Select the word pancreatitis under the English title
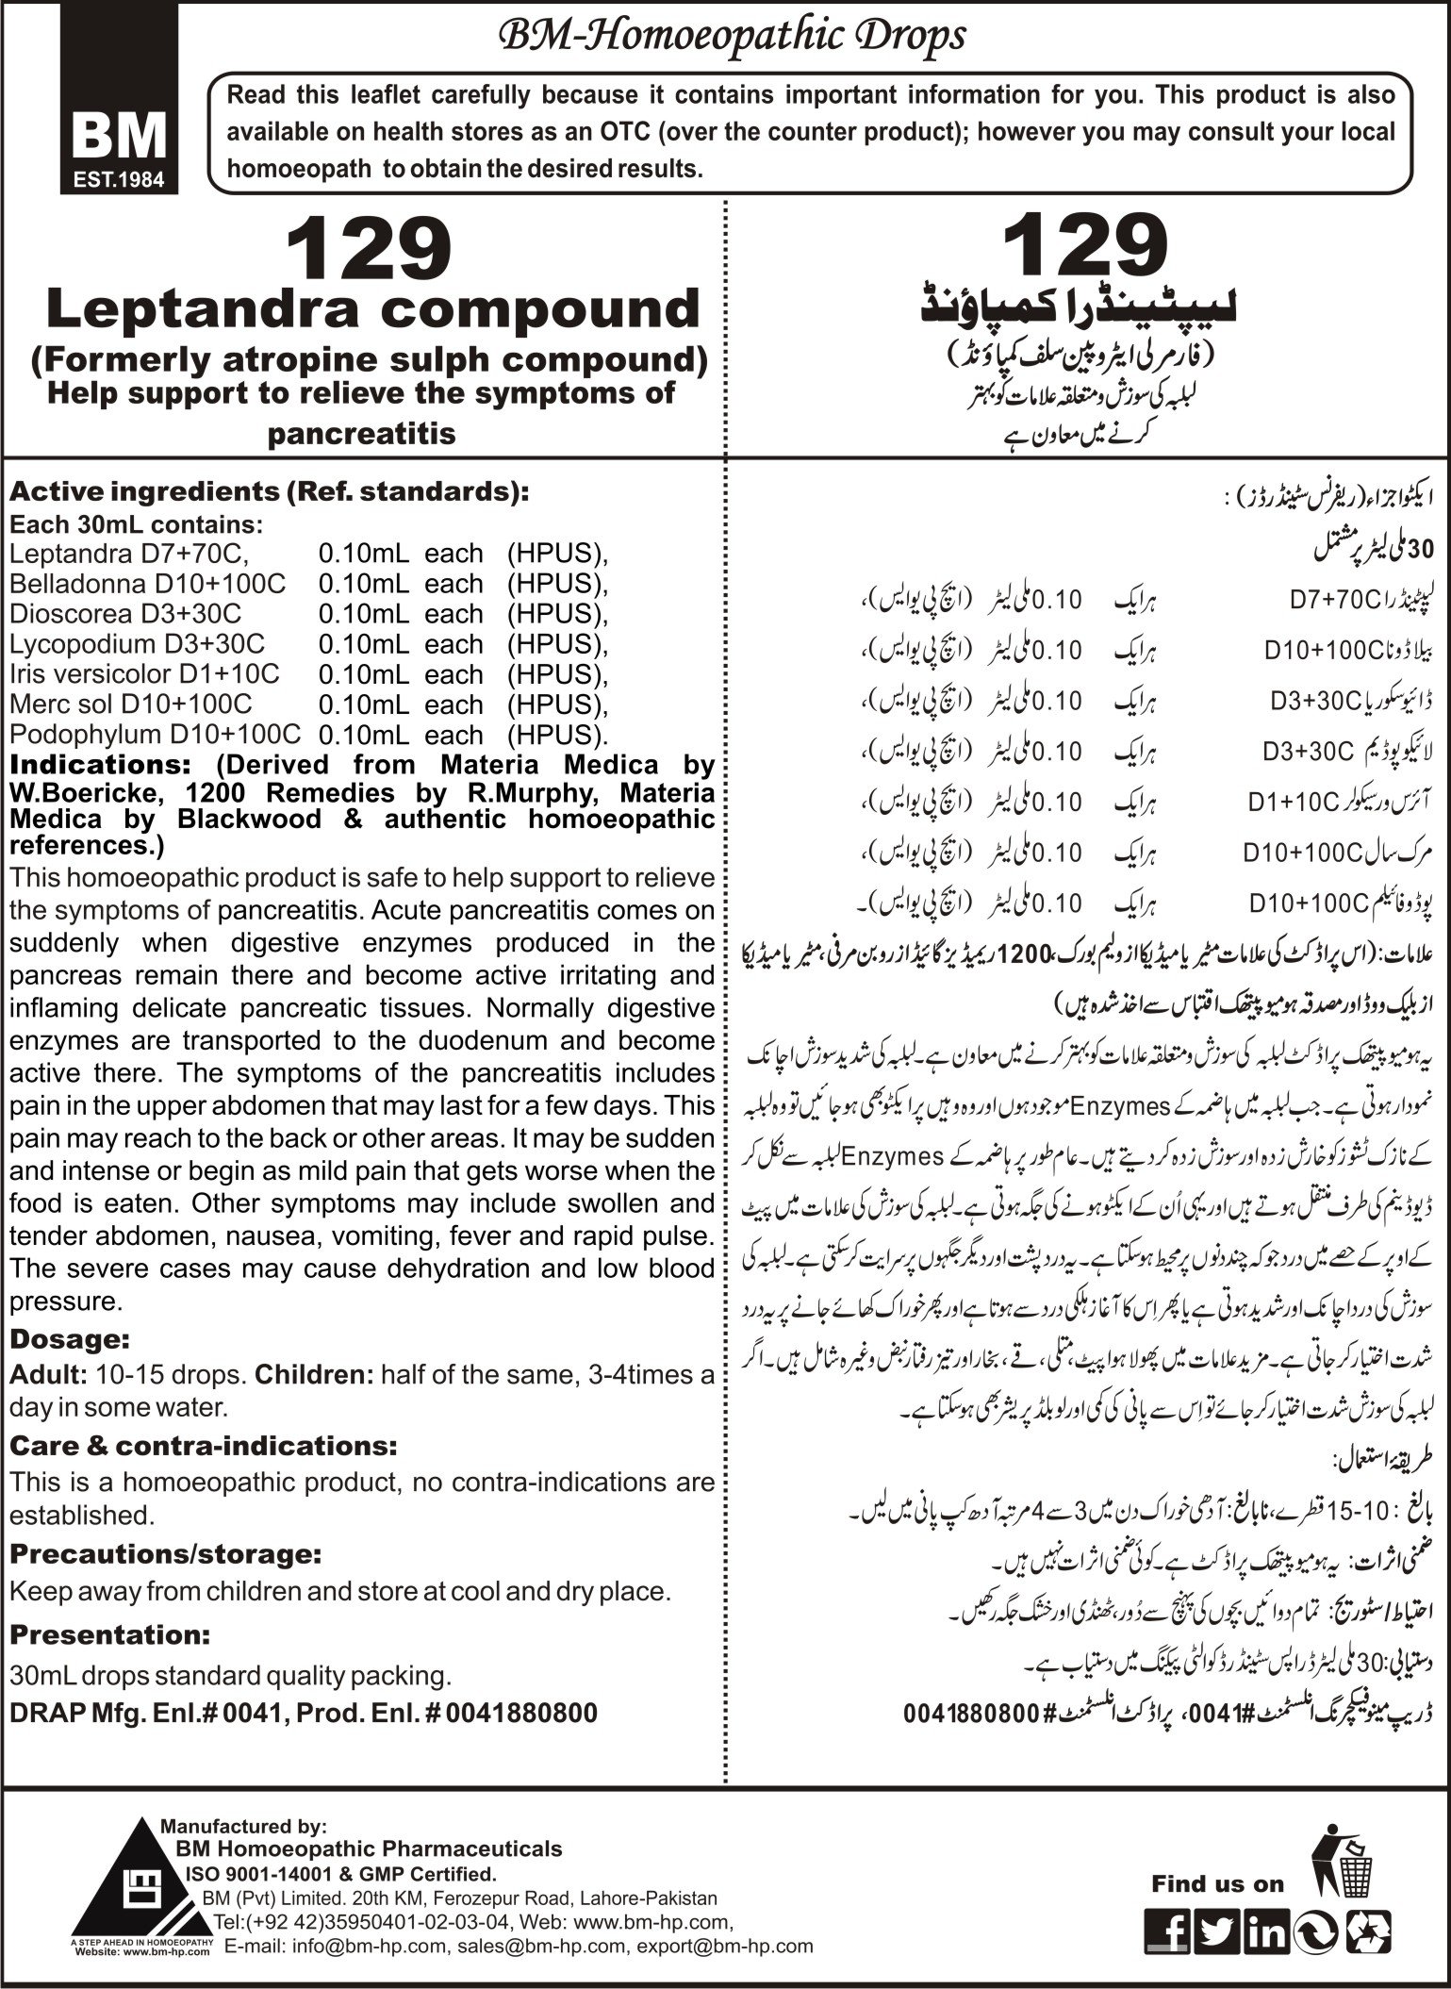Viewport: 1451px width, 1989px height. (x=362, y=433)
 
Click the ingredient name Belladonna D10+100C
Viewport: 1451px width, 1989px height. (x=148, y=584)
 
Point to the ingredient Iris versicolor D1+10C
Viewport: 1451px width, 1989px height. (x=145, y=674)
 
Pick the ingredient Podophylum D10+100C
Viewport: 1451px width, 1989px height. (x=156, y=735)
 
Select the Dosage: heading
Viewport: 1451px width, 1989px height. (x=68, y=1338)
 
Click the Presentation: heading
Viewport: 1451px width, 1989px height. (x=109, y=1633)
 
